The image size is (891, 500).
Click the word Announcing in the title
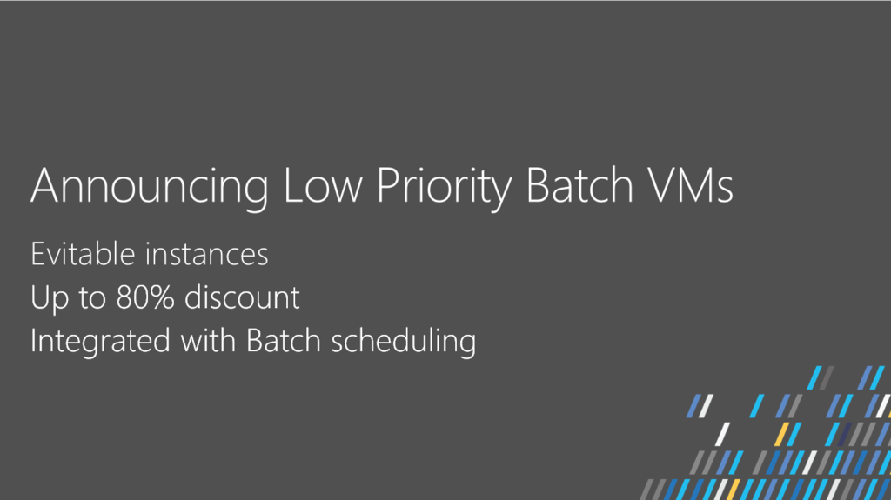(x=150, y=186)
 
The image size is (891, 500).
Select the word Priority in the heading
(x=444, y=188)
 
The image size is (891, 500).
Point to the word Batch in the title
(x=579, y=184)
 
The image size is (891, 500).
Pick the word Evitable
(x=83, y=253)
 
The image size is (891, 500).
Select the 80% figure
(x=145, y=297)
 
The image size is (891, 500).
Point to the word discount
(x=242, y=297)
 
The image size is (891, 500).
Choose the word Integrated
(x=100, y=342)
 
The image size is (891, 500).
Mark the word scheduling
(x=403, y=342)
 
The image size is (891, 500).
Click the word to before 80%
(x=92, y=298)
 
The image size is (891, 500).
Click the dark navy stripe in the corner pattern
(x=845, y=434)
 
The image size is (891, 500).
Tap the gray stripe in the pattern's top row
(x=827, y=378)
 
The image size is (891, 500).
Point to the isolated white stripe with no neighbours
(x=722, y=434)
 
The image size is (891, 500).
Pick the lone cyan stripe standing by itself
(x=757, y=406)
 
